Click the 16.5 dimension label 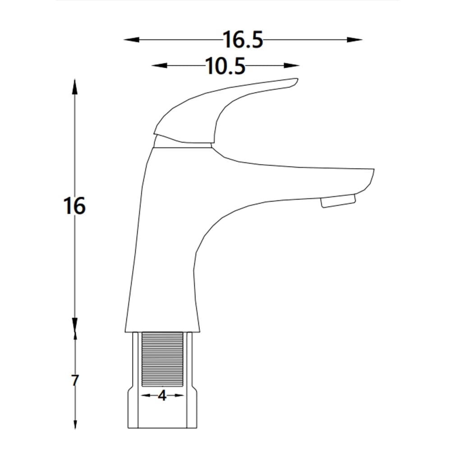243,40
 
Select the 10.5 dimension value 225,66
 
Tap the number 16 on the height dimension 74,206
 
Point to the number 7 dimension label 75,381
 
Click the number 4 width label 162,396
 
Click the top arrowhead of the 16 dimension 75,86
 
